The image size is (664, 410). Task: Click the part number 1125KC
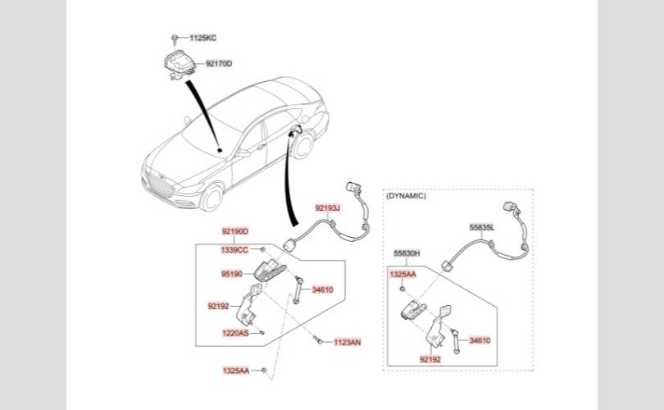click(x=203, y=39)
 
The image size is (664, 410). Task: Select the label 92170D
click(x=219, y=63)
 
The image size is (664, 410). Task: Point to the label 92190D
click(x=234, y=232)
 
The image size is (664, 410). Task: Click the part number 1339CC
click(x=234, y=249)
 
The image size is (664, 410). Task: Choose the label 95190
click(x=231, y=275)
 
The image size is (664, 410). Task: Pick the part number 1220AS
click(x=234, y=333)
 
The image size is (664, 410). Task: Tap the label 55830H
click(x=407, y=253)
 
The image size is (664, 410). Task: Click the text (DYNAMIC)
click(x=406, y=196)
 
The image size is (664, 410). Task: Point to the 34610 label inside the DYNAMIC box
click(x=480, y=340)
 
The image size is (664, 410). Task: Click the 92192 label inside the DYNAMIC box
click(x=430, y=358)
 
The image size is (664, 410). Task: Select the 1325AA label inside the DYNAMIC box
click(x=402, y=274)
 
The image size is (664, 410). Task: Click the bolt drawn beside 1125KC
click(x=175, y=39)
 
